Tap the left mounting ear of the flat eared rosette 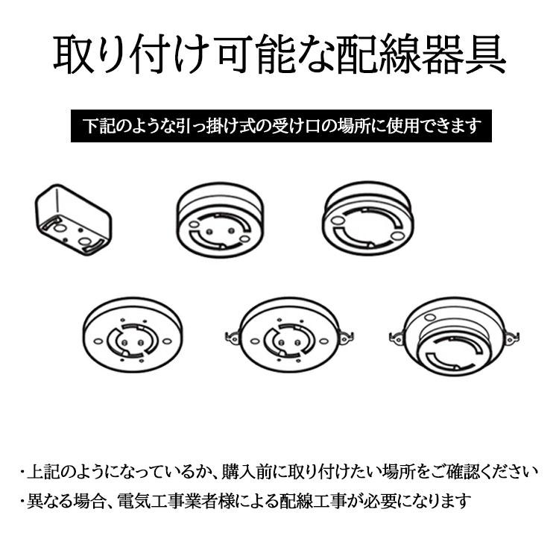(x=232, y=335)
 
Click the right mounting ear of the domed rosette (x=509, y=337)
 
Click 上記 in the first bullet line (x=41, y=471)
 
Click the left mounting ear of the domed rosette (x=396, y=337)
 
